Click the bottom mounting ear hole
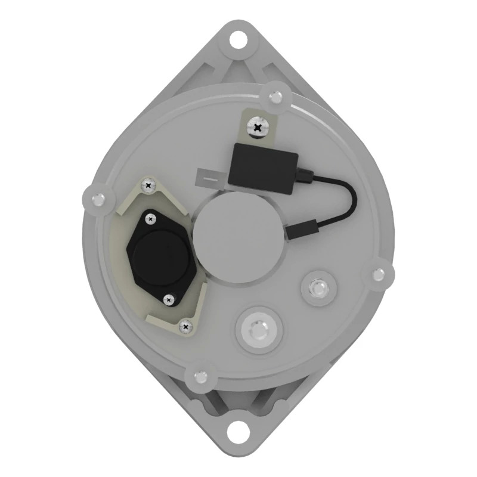click(x=238, y=429)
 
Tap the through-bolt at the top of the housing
click(x=275, y=95)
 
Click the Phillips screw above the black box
click(x=258, y=126)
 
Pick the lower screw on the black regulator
click(x=169, y=299)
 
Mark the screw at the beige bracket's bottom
click(x=186, y=326)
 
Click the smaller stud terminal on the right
click(x=317, y=289)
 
